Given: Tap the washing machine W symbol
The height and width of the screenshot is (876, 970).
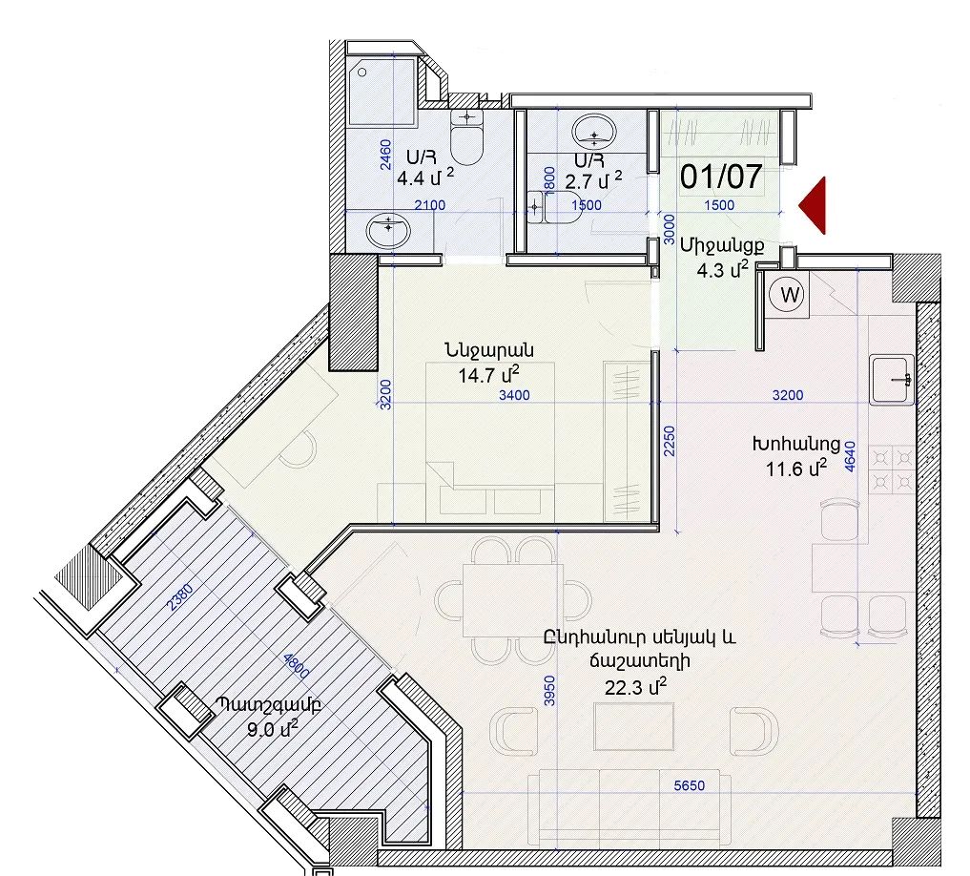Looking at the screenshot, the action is [787, 295].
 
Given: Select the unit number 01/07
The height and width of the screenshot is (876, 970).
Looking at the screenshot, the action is [721, 177].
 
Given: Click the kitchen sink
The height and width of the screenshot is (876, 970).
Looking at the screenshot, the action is [892, 380].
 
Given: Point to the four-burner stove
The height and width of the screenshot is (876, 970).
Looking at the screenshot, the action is [893, 469].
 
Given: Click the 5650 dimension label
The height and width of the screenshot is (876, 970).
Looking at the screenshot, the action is [690, 785].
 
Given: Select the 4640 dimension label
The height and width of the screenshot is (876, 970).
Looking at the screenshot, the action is [851, 457].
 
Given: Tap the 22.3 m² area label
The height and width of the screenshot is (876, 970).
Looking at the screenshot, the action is [635, 686].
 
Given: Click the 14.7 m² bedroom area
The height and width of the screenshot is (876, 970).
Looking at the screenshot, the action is [488, 375].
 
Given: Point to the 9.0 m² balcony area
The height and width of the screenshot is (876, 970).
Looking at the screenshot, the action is [272, 728].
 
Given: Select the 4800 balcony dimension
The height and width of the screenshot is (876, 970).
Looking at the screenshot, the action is [296, 667].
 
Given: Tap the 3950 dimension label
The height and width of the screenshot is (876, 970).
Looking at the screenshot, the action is [549, 691].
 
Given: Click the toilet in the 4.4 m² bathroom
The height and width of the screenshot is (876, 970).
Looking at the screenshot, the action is [466, 136].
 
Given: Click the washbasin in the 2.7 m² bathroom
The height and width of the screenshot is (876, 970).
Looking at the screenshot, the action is [594, 132].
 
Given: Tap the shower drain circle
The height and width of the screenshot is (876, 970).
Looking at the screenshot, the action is [361, 73].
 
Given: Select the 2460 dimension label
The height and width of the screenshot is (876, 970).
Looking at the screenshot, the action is [384, 156].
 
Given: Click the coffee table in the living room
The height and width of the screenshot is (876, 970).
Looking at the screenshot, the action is [634, 726].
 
